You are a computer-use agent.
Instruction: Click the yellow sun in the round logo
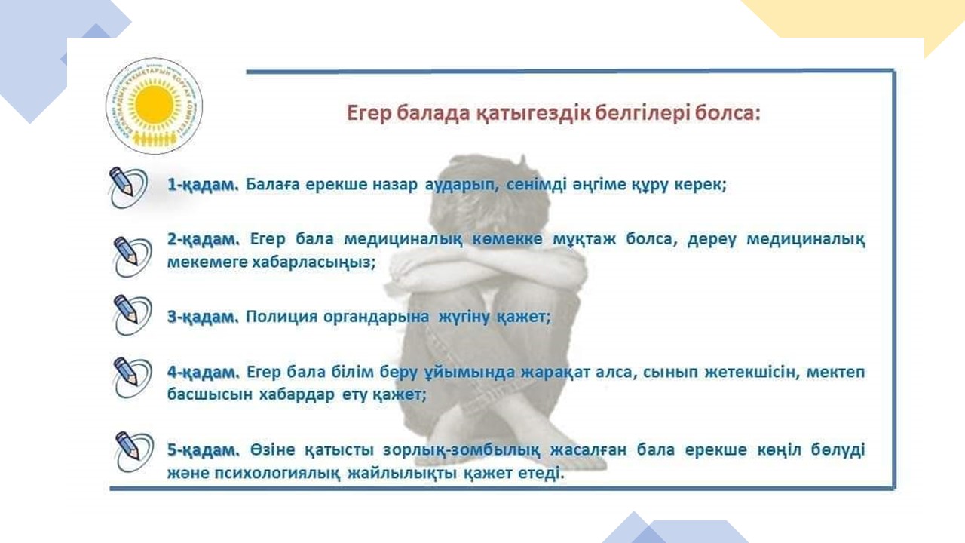pyautogui.click(x=154, y=105)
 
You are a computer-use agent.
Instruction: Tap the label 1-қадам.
pyautogui.click(x=203, y=185)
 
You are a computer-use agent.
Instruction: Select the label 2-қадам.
pyautogui.click(x=203, y=239)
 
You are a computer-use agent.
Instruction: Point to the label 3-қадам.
pyautogui.click(x=203, y=317)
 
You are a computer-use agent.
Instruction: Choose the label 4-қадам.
pyautogui.click(x=203, y=372)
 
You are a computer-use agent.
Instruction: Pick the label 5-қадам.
pyautogui.click(x=203, y=450)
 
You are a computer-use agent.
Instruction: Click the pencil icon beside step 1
pyautogui.click(x=127, y=187)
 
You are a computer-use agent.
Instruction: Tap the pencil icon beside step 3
pyautogui.click(x=132, y=315)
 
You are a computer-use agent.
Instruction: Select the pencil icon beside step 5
pyautogui.click(x=134, y=452)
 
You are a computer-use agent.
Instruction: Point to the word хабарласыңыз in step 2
pyautogui.click(x=313, y=262)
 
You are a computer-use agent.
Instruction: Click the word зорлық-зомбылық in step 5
pyautogui.click(x=461, y=450)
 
